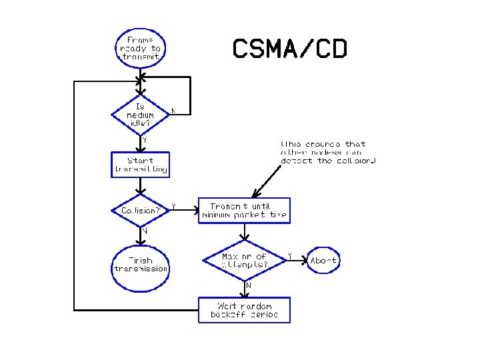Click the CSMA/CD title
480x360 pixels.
(x=289, y=49)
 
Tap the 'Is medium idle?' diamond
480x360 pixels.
(x=140, y=115)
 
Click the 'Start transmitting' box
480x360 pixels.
(x=140, y=165)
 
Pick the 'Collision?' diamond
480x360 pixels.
(x=140, y=210)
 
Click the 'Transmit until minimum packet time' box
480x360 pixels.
(x=244, y=210)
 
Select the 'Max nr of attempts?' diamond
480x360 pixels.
(x=244, y=260)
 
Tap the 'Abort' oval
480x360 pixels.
(x=323, y=260)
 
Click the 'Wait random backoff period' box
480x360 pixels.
(x=244, y=310)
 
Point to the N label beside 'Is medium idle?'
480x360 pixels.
(x=173, y=110)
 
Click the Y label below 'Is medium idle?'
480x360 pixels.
(x=145, y=140)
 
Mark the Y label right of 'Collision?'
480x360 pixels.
(x=174, y=207)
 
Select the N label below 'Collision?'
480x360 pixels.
(x=144, y=231)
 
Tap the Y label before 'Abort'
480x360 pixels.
(x=289, y=255)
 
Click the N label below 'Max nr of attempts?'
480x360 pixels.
(x=249, y=285)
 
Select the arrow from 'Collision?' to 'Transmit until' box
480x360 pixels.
(x=185, y=211)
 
